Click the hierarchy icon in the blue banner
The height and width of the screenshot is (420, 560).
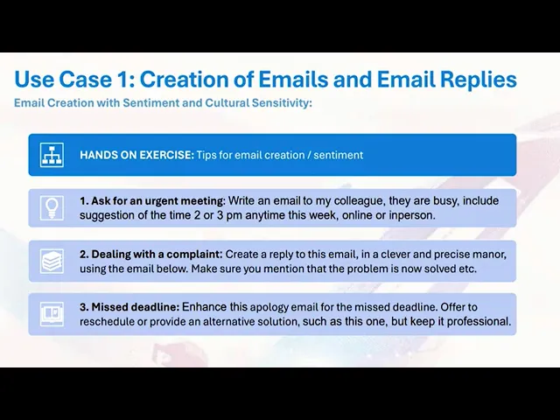pos(53,155)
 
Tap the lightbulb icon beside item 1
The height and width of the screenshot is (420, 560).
pos(53,208)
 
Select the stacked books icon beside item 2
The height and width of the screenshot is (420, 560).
pos(53,261)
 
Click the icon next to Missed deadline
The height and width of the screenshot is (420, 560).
pos(53,313)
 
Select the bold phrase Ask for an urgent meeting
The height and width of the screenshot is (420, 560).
pos(158,201)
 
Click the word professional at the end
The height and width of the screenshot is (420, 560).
pos(478,321)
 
